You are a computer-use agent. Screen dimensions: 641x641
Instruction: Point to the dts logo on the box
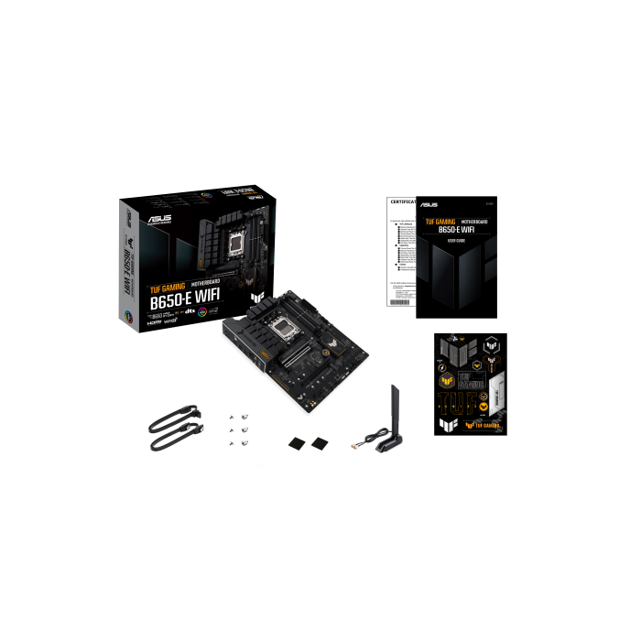point(191,314)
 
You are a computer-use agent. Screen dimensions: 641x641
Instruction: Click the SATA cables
point(174,430)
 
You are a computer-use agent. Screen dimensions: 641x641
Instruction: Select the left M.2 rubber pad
point(297,444)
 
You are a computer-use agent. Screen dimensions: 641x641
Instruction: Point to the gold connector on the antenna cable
point(354,445)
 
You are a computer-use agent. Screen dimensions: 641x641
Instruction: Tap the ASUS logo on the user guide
point(429,205)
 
